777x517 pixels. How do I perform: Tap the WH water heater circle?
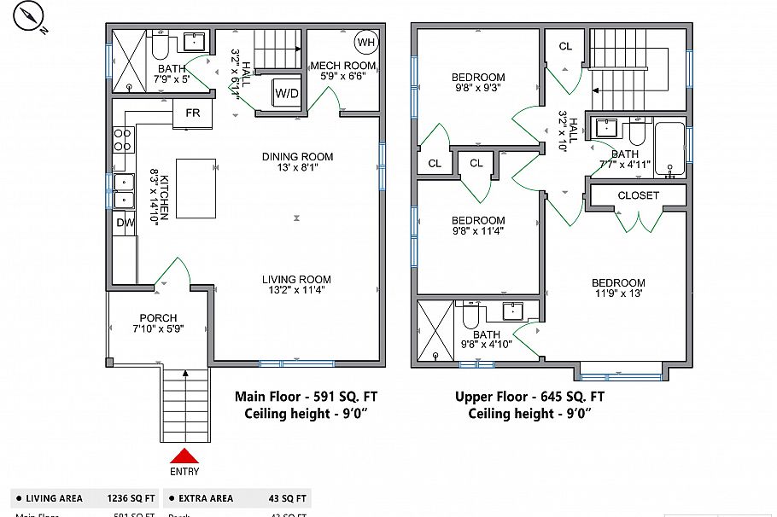pyautogui.click(x=365, y=42)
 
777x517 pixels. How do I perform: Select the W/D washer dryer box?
pyautogui.click(x=286, y=93)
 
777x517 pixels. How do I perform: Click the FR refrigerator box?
pyautogui.click(x=192, y=113)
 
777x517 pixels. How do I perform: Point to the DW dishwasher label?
pyautogui.click(x=125, y=223)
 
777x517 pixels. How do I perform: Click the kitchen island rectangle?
pyautogui.click(x=196, y=188)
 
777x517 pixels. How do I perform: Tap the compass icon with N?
pyautogui.click(x=32, y=16)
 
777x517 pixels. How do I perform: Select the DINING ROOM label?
pyautogui.click(x=297, y=157)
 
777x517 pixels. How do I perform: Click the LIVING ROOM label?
pyautogui.click(x=296, y=280)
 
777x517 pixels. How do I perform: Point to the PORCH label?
pyautogui.click(x=158, y=318)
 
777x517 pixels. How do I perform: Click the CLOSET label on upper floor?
pyautogui.click(x=639, y=195)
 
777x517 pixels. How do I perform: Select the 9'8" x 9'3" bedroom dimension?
pyautogui.click(x=477, y=87)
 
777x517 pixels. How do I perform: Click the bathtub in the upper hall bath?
pyautogui.click(x=670, y=150)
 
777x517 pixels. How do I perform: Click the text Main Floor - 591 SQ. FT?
pyautogui.click(x=305, y=397)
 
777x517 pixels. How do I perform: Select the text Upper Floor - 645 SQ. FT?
pyautogui.click(x=529, y=397)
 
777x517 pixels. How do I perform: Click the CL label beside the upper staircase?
pyautogui.click(x=565, y=46)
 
